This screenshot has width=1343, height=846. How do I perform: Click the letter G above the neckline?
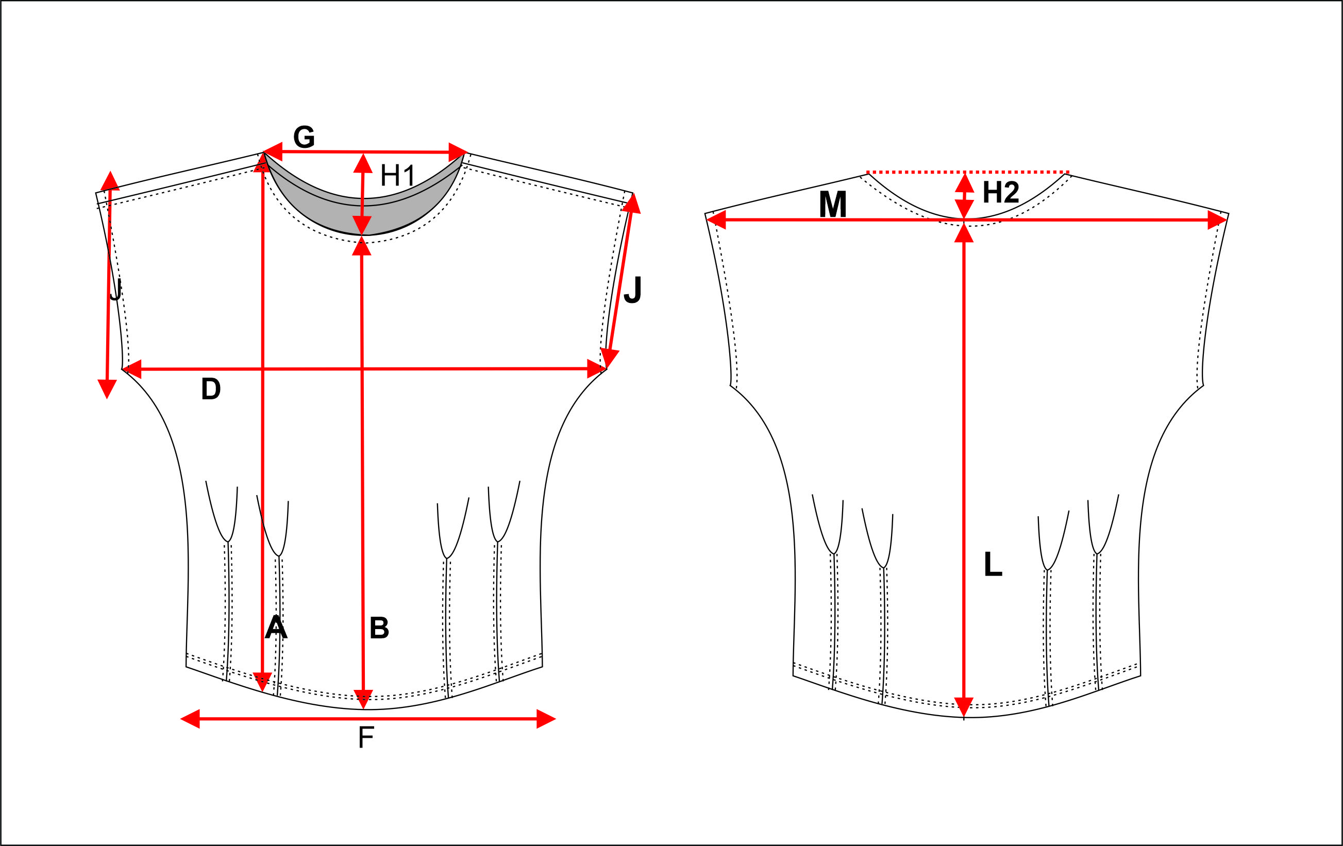point(304,137)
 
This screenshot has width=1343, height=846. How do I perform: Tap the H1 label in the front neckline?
point(398,176)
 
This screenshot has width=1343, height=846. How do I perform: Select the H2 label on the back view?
point(1001,192)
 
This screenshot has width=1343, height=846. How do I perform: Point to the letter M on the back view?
point(833,204)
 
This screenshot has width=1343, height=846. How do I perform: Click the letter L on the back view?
point(993,564)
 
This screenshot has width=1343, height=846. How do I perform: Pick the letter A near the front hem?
point(276,628)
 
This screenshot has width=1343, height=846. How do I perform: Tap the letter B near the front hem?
point(379,628)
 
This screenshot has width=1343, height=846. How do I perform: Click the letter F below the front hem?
point(366,738)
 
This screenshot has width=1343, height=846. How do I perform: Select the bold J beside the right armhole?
point(633,290)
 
